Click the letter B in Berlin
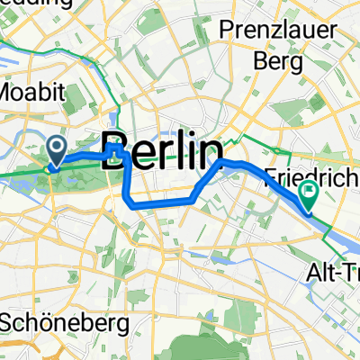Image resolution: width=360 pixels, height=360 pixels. pos(116,148)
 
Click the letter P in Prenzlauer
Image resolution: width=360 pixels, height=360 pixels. pos(227,32)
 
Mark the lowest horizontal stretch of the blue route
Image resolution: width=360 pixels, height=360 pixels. pos(162,202)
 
